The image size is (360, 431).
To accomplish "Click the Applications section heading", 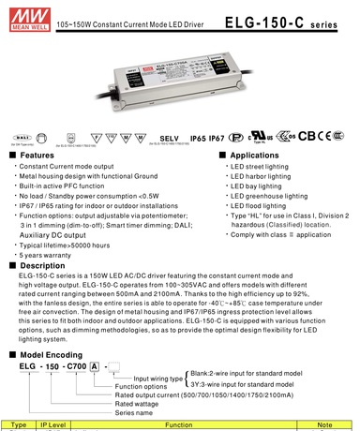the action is [x=254, y=156].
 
